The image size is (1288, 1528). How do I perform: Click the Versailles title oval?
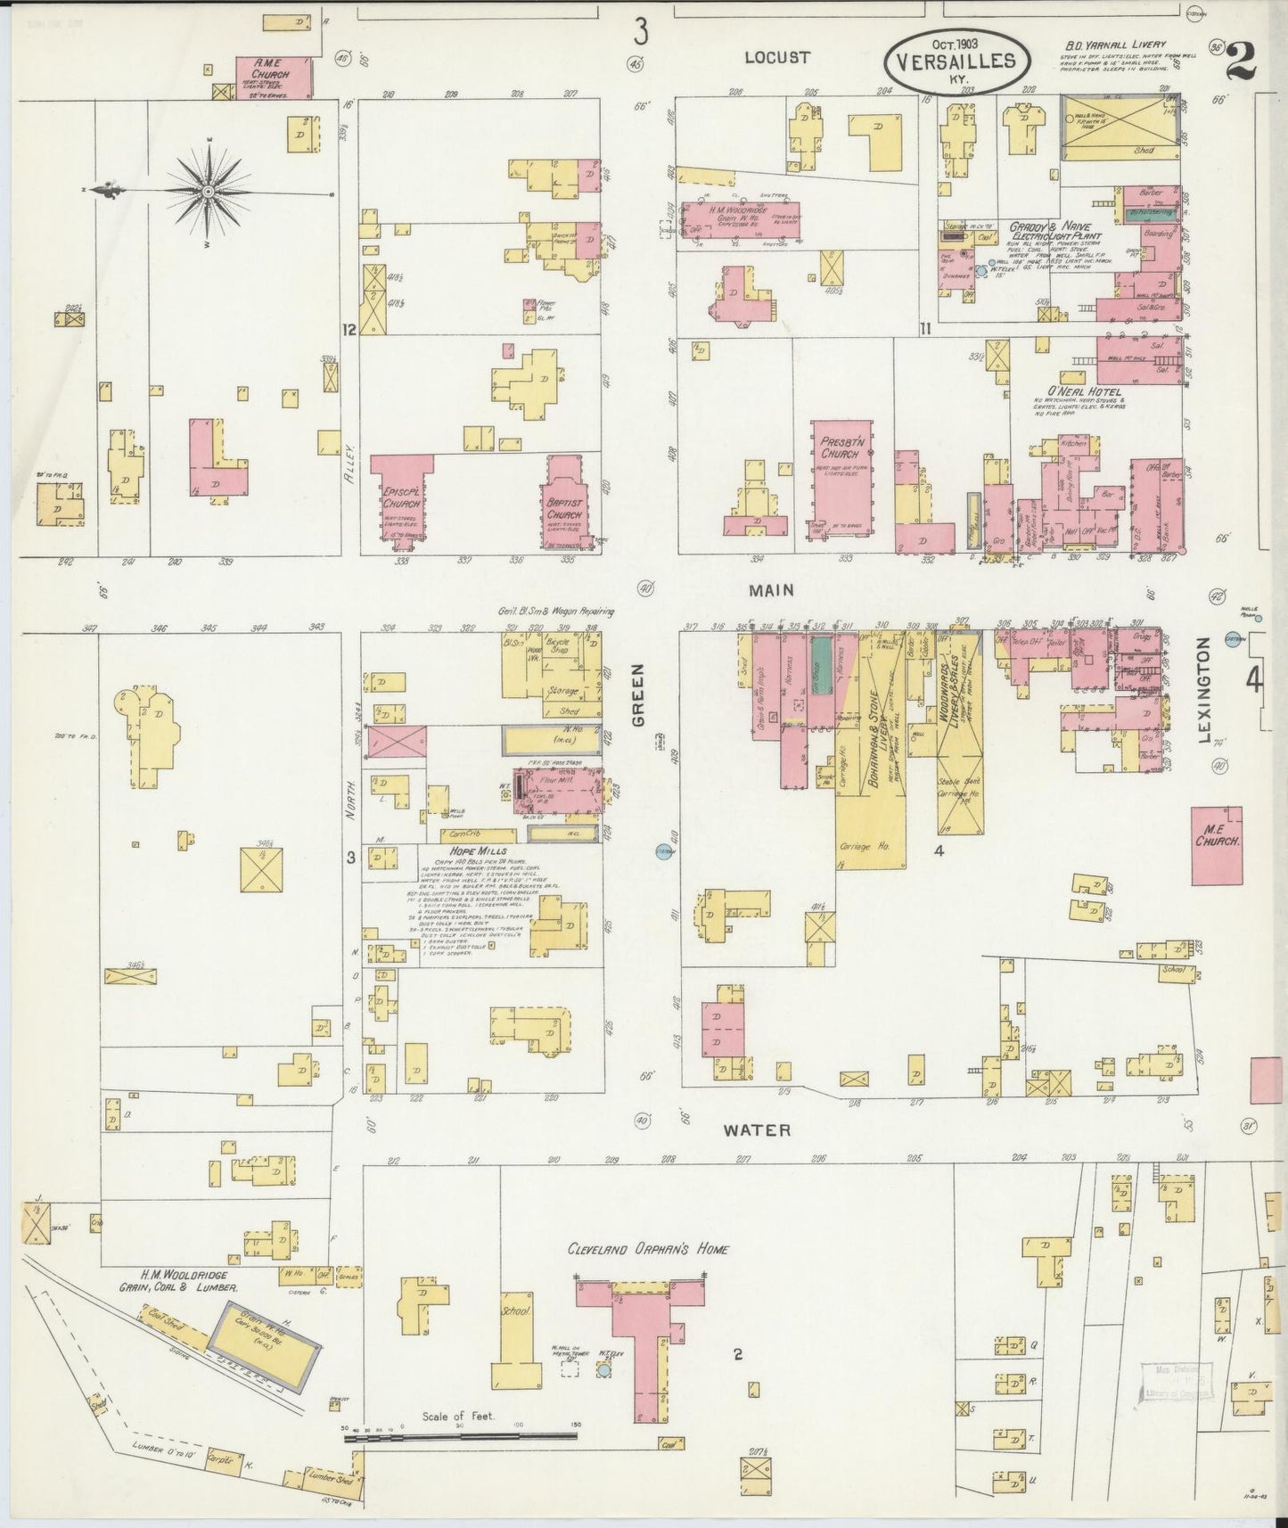click(x=960, y=60)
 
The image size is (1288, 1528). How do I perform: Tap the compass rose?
click(x=207, y=191)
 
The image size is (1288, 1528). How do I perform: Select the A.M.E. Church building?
click(x=275, y=77)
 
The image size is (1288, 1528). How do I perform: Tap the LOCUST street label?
click(x=777, y=58)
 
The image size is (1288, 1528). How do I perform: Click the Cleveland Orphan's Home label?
click(x=648, y=1249)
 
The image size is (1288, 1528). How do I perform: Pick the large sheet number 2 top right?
click(x=1241, y=62)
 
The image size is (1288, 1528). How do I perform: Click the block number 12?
click(x=349, y=330)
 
